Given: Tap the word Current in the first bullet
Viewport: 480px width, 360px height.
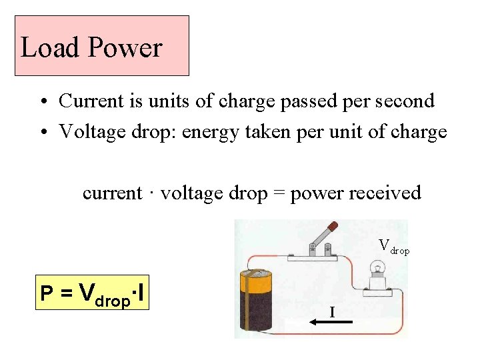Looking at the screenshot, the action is click(x=89, y=101).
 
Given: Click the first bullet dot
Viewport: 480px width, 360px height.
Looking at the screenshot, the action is click(x=42, y=102).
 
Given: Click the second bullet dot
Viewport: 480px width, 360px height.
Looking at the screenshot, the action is click(x=42, y=133).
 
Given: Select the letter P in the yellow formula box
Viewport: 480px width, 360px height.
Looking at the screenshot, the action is click(x=47, y=294).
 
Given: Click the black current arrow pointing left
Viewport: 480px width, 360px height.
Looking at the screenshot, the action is click(x=329, y=322).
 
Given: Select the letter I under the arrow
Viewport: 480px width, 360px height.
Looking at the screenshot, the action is click(x=331, y=311).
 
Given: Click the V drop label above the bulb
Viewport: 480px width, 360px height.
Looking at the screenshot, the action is click(x=393, y=247).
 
